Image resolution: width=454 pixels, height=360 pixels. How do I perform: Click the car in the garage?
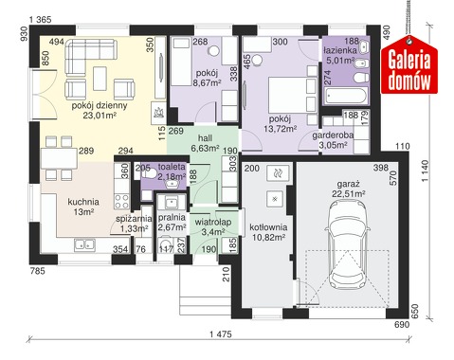click(x=348, y=243)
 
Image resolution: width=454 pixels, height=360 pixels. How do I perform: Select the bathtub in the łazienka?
click(x=346, y=96)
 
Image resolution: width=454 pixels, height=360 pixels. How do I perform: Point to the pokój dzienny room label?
click(x=100, y=105)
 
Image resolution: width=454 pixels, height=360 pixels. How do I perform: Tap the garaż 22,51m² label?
click(x=349, y=189)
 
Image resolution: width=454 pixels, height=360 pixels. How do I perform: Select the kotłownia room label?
click(x=268, y=227)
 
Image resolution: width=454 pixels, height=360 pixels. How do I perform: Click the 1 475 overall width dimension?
click(x=221, y=333)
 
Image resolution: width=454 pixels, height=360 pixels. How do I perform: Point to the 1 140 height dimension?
click(x=426, y=171)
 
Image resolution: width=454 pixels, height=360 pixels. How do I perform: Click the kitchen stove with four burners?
click(x=121, y=201)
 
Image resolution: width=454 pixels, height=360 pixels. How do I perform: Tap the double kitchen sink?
click(x=84, y=244)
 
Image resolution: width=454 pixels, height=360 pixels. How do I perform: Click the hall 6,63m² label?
click(x=206, y=143)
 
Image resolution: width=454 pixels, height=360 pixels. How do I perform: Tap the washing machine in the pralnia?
click(x=165, y=243)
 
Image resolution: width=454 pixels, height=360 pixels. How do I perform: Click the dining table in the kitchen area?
click(x=60, y=158)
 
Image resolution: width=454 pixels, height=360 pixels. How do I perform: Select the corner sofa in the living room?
click(x=91, y=50)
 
